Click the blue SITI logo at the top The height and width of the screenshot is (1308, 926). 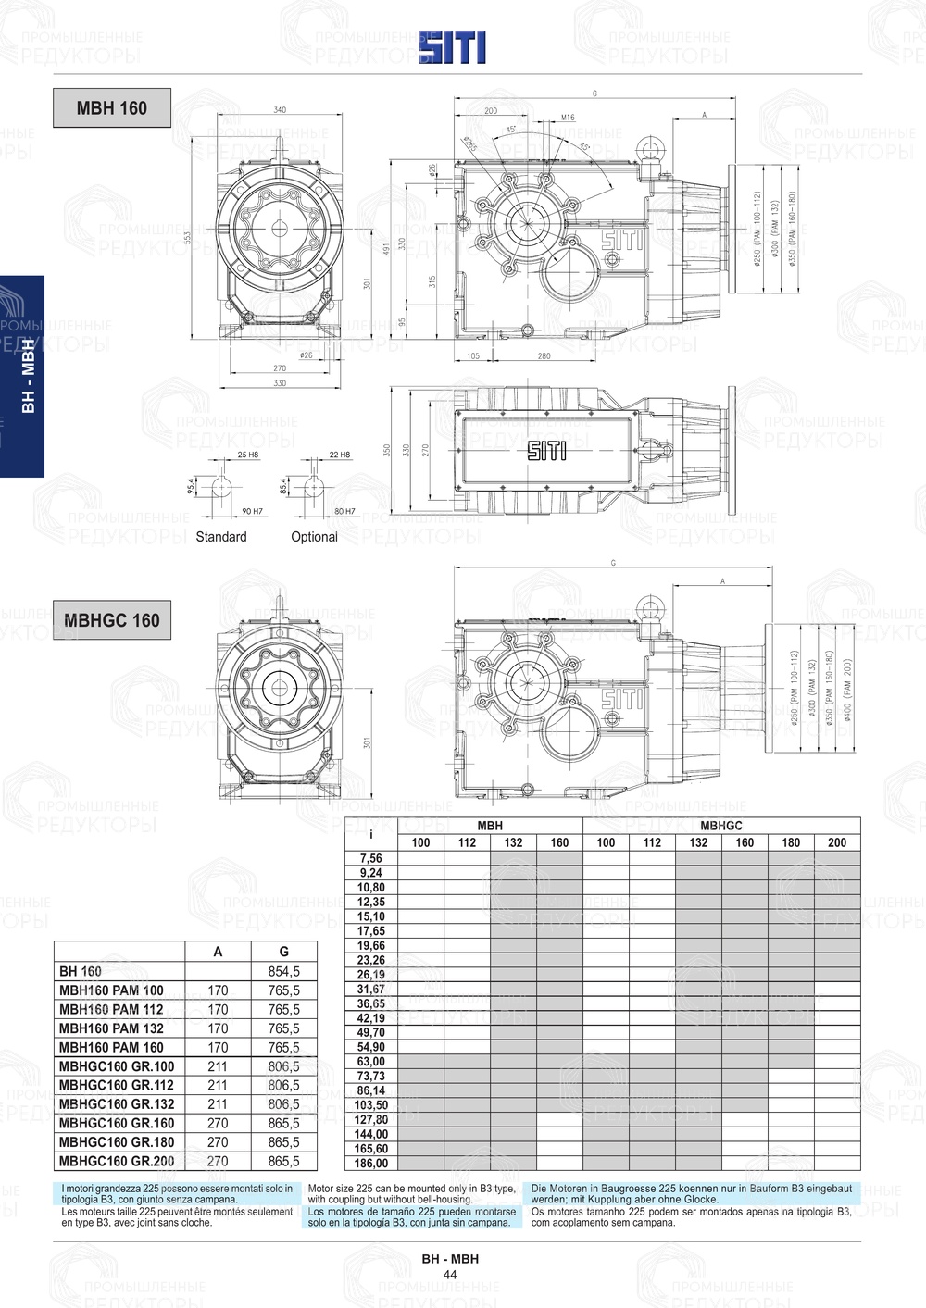pyautogui.click(x=452, y=47)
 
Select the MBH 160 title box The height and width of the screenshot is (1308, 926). pyautogui.click(x=112, y=108)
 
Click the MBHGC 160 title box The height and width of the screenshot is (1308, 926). pyautogui.click(x=112, y=620)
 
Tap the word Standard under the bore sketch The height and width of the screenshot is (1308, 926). pyautogui.click(x=221, y=537)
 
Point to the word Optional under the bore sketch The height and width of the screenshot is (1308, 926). pyautogui.click(x=314, y=537)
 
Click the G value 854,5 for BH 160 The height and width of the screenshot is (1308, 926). pyautogui.click(x=283, y=972)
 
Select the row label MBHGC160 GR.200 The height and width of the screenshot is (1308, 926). pyautogui.click(x=117, y=1161)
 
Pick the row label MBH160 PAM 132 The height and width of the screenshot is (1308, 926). pyautogui.click(x=111, y=1028)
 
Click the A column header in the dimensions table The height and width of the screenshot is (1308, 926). pyautogui.click(x=218, y=952)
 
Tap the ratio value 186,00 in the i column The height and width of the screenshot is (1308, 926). pyautogui.click(x=371, y=1164)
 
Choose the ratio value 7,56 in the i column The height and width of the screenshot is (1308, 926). pyautogui.click(x=371, y=858)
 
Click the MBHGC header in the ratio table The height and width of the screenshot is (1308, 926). pyautogui.click(x=721, y=826)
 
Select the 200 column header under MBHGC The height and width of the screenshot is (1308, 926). pyautogui.click(x=837, y=842)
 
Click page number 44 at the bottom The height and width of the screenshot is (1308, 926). pyautogui.click(x=450, y=1275)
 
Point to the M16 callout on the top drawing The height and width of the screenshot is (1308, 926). pyautogui.click(x=568, y=118)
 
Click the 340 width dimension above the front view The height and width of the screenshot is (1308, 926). pyautogui.click(x=280, y=110)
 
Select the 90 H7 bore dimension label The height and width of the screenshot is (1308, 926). pyautogui.click(x=252, y=511)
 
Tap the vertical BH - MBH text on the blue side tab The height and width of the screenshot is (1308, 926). pyautogui.click(x=29, y=376)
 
